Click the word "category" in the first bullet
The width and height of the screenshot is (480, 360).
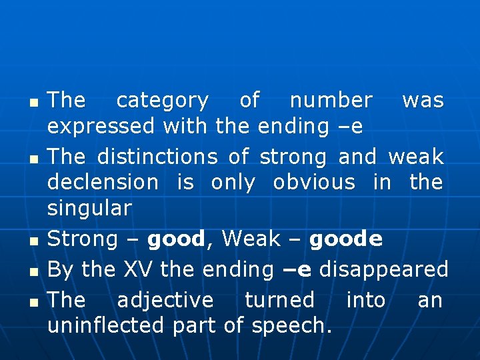(x=162, y=101)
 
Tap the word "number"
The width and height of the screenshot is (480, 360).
(x=331, y=101)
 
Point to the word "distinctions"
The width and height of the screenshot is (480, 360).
(x=157, y=157)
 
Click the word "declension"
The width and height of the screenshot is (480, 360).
(x=103, y=181)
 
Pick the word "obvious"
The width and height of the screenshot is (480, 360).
(x=314, y=181)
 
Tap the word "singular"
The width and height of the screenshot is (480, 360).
(x=89, y=208)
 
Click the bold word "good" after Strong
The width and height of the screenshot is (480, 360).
(x=176, y=239)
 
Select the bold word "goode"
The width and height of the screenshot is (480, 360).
(x=346, y=239)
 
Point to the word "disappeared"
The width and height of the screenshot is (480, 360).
(x=385, y=269)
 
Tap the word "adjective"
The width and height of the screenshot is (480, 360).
(x=165, y=300)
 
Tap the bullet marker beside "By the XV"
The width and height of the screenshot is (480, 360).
(x=34, y=271)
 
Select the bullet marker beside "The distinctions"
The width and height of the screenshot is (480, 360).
(x=34, y=158)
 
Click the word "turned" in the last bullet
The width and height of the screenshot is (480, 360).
(x=279, y=300)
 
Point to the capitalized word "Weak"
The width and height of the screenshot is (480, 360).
(x=250, y=239)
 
